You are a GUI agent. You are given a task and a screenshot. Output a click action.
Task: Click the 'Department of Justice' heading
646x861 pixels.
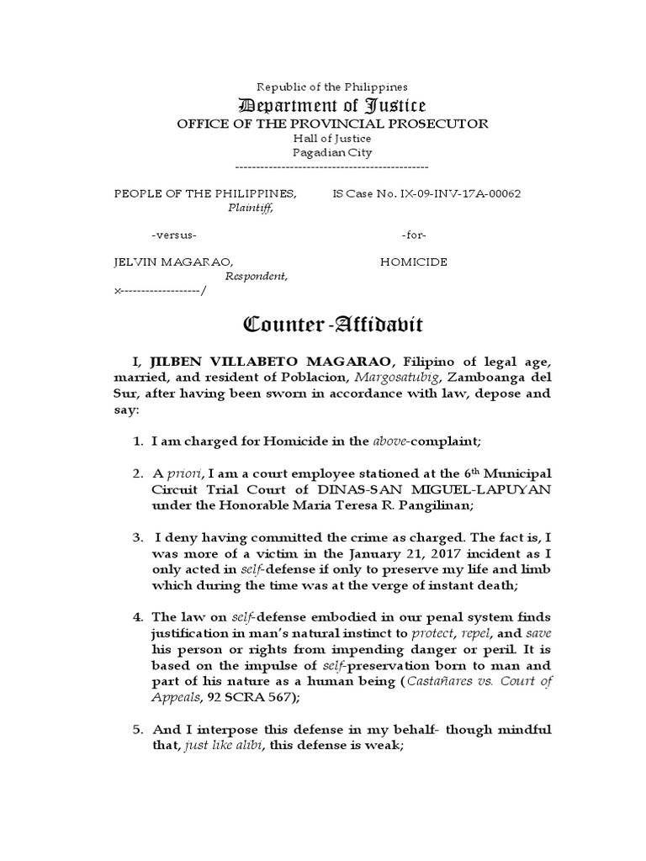331,105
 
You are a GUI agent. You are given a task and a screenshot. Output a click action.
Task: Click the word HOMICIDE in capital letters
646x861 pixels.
414,261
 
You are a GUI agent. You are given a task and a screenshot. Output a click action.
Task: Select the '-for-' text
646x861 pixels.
415,234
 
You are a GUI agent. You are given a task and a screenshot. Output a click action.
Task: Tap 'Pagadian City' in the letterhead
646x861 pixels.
331,152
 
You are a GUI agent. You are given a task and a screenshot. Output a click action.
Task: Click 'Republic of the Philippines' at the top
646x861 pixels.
331,87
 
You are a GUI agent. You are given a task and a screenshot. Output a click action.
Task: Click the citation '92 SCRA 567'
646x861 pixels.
248,697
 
